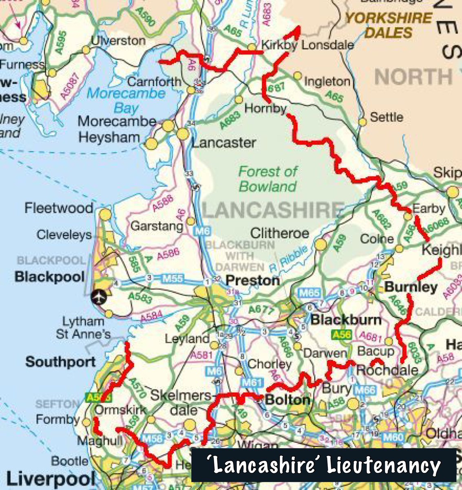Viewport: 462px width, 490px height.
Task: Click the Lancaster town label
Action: (223, 143)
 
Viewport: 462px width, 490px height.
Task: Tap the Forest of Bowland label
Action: (268, 179)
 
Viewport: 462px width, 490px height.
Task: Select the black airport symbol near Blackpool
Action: (99, 297)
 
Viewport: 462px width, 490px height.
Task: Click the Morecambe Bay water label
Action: (126, 100)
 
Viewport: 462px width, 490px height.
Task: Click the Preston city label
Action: (252, 281)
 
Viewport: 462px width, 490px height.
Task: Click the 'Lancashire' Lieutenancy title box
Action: (324, 465)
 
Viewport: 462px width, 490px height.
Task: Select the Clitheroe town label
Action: (279, 234)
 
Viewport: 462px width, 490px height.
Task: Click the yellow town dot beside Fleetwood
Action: (105, 214)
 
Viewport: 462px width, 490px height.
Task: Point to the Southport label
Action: (60, 362)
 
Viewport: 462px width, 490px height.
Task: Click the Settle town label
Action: (386, 118)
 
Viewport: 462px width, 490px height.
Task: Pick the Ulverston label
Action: (118, 41)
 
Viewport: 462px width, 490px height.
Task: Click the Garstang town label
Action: (157, 226)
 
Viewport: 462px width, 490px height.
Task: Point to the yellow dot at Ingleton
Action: (298, 76)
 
